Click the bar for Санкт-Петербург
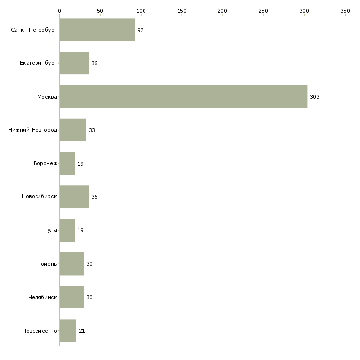[97, 30]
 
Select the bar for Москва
[183, 97]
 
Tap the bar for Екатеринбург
[74, 63]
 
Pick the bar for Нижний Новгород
[72, 130]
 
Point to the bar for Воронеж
[67, 163]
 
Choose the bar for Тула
[67, 230]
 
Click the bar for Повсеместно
[68, 331]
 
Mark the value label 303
[315, 97]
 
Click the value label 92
[141, 30]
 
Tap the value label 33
[92, 130]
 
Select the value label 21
[82, 331]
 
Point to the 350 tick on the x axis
[345, 10]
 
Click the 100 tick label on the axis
[141, 10]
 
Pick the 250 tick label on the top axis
[263, 10]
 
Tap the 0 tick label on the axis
[59, 10]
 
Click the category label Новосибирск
[39, 197]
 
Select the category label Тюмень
[46, 264]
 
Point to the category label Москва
[47, 97]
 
